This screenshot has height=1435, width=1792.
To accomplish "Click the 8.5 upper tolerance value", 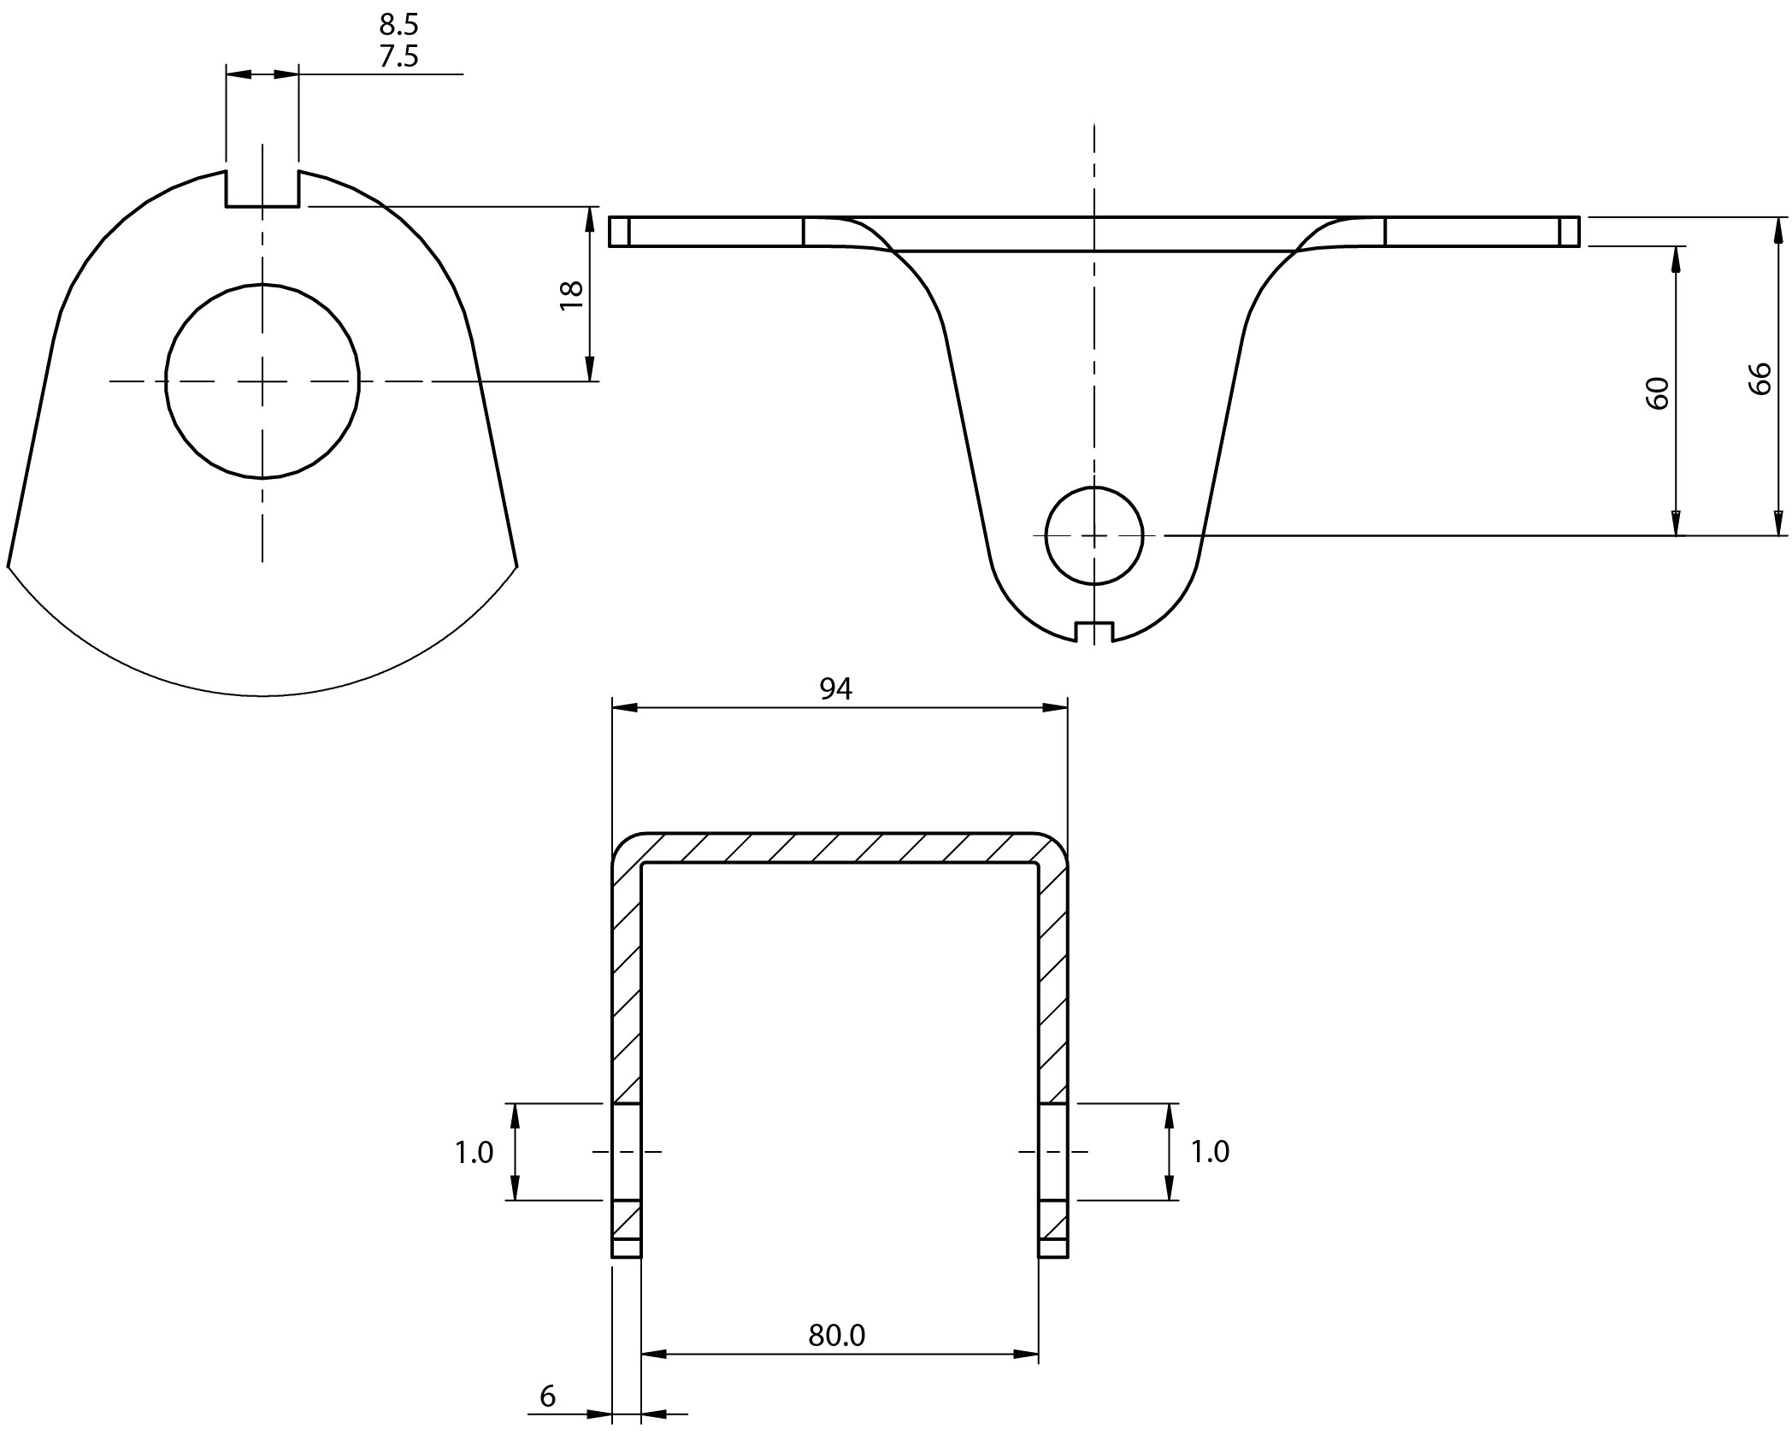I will pos(399,24).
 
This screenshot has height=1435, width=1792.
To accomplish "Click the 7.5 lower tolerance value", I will pos(399,56).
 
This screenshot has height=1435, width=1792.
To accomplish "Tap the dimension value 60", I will pos(1657,393).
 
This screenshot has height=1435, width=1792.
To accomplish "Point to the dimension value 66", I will pos(1760,378).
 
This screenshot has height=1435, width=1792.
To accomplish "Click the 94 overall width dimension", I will pos(835,689).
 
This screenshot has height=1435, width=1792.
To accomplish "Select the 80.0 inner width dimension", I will pos(837,1335).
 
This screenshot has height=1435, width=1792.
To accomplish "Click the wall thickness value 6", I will pos(548,1396).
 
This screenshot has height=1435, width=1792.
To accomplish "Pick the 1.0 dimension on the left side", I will pos(474,1153).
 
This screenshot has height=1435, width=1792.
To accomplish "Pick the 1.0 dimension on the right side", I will pos(1210,1152).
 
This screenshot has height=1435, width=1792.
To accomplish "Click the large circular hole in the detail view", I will pos(262,381).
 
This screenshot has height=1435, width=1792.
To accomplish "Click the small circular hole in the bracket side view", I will pos(1093,535).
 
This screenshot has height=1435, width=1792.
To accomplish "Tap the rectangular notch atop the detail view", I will pos(262,188).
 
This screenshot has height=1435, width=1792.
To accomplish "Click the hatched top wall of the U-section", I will pos(838,847).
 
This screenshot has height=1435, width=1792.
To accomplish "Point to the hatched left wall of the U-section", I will pos(627,983).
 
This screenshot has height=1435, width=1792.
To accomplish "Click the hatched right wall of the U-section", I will pos(1053,983).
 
